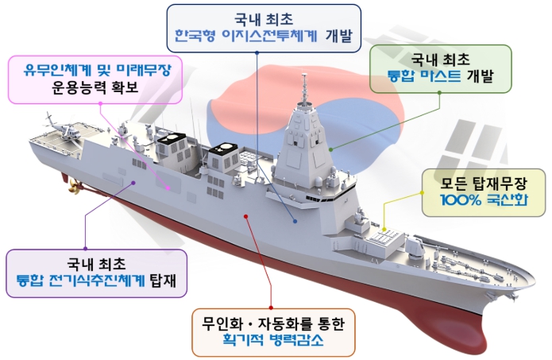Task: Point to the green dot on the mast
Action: pos(331,148)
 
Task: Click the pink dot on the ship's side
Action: pos(168,188)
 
